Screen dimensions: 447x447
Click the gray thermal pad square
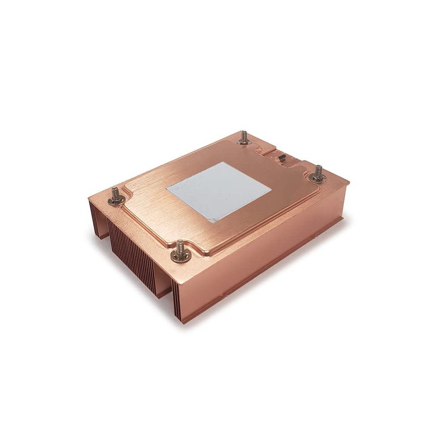[218, 191]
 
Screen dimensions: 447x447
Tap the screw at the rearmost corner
[244, 137]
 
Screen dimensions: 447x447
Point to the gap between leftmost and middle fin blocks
[106, 229]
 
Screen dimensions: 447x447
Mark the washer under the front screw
[180, 257]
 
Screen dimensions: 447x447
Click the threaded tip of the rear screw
[244, 133]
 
